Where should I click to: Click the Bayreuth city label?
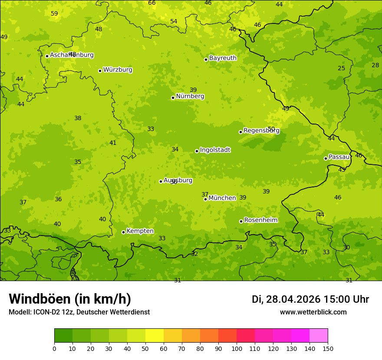coord(223,58)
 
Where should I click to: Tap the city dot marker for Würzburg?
coord(100,71)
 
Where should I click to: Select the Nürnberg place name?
coord(190,96)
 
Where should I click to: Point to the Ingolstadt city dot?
coord(197,151)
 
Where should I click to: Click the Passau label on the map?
coord(339,157)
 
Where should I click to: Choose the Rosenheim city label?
coord(260,220)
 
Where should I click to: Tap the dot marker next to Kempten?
coord(123,232)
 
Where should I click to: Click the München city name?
coord(222,198)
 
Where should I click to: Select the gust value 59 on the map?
coord(54,13)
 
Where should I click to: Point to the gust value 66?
coord(151,3)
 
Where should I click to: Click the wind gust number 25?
coord(342,68)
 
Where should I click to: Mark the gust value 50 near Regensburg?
coord(271,129)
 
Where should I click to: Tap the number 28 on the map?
coord(375,65)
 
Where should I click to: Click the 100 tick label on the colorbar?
coord(237,348)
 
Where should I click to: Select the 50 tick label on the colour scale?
coord(145,348)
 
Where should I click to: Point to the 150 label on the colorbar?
coord(328,348)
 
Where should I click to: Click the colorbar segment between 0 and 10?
coord(63,336)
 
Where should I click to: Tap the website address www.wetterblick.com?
coord(313,312)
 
